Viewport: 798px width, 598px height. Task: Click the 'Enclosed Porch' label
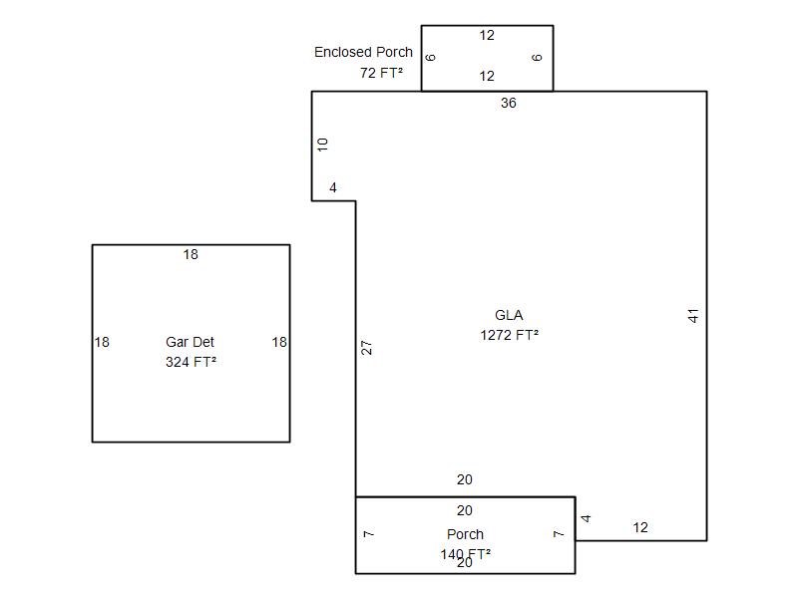tap(363, 52)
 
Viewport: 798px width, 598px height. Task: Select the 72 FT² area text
tap(382, 73)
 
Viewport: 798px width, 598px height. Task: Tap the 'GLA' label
tap(509, 315)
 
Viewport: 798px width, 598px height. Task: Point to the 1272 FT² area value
tap(510, 335)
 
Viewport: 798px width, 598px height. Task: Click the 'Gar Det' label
tap(190, 342)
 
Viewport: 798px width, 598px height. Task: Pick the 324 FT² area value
tap(191, 362)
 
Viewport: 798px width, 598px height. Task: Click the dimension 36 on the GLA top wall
tap(509, 103)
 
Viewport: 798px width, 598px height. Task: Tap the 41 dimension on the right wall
tap(693, 316)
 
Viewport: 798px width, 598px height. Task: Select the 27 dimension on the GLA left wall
tap(366, 348)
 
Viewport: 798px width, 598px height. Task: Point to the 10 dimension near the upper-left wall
tap(322, 145)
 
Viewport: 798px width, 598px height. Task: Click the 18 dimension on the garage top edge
tap(191, 254)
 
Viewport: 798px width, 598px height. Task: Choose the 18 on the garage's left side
tap(102, 342)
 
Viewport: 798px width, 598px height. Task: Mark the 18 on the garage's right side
tap(279, 342)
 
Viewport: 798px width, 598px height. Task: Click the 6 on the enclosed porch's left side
tap(431, 58)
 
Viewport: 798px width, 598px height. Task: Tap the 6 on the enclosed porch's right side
tap(537, 58)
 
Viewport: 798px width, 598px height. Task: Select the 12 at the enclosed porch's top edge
tap(487, 35)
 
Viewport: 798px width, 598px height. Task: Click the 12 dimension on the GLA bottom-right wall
tap(640, 527)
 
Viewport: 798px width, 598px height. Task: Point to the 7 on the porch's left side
tap(368, 534)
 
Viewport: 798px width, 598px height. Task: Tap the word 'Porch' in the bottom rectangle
tap(465, 534)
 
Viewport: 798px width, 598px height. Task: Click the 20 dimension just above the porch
tap(465, 479)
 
